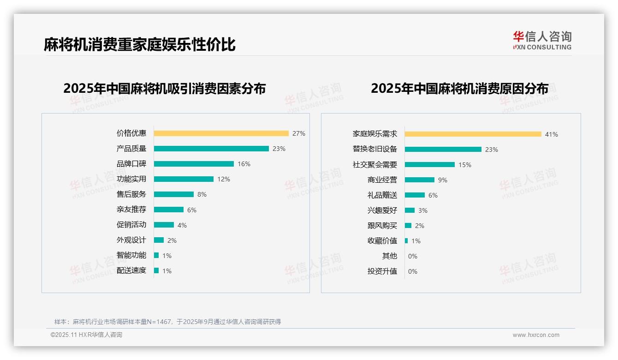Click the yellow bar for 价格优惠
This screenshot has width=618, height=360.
(221, 133)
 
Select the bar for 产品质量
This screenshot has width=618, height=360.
(211, 149)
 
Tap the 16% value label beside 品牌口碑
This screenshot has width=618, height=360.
(244, 164)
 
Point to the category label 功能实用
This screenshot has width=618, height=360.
(131, 179)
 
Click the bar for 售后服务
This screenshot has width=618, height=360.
(174, 194)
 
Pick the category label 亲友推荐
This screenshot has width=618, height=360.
(131, 210)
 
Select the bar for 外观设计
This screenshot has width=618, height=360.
(159, 240)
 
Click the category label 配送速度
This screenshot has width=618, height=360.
(131, 270)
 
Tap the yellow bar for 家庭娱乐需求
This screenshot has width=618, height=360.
(473, 134)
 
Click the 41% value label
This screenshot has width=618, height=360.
(552, 134)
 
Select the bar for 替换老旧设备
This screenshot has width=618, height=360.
(443, 150)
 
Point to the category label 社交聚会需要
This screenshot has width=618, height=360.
(375, 165)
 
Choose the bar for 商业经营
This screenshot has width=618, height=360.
(420, 180)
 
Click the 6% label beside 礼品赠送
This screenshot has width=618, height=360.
(433, 195)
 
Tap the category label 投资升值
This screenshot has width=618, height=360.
(382, 271)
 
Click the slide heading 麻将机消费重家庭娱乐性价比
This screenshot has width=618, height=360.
(140, 44)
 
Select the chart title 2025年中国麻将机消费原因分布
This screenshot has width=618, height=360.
(459, 89)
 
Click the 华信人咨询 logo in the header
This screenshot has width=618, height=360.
(542, 40)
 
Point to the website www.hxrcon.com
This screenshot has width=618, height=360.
(536, 335)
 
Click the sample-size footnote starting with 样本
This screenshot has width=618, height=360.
(167, 322)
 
